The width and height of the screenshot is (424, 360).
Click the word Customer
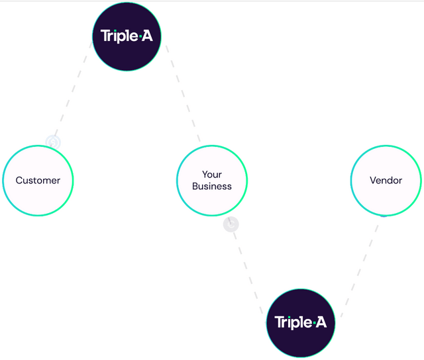pos(38,180)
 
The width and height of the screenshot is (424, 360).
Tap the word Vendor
pos(386,180)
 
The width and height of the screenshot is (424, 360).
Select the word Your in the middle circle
pos(212,175)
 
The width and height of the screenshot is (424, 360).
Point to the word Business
pos(212,187)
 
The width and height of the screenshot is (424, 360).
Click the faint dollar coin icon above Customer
pos(53,142)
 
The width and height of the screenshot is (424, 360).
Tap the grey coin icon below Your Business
pos(231,224)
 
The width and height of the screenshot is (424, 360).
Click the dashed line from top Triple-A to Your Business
pos(183,93)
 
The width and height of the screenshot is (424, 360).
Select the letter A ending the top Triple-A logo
pos(147,36)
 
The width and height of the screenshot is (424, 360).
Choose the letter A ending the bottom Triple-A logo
pos(321,322)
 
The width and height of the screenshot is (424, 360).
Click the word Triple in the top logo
pos(119,36)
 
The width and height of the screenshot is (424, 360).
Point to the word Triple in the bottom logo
pos(293,322)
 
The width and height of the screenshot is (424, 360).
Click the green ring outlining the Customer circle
pos(38,146)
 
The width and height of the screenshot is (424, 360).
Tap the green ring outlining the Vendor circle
pos(386,146)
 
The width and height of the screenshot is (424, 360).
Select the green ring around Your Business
pos(212,146)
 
